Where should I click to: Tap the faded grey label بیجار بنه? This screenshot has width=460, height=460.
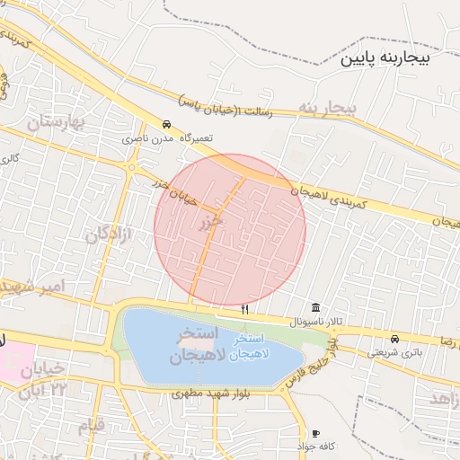tap(329, 109)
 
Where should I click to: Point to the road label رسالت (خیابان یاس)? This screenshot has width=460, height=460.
tap(237, 107)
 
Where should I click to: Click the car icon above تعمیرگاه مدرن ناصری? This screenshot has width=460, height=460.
tap(166, 125)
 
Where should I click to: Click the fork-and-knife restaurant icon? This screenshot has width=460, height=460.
tap(244, 309)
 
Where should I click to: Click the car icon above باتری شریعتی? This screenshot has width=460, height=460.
tap(395, 339)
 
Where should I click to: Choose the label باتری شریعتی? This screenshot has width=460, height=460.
tap(393, 352)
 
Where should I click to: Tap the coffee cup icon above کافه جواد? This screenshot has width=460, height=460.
tap(315, 433)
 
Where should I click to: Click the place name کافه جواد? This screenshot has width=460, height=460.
tap(317, 447)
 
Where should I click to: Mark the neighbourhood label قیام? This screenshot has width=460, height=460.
tap(92, 424)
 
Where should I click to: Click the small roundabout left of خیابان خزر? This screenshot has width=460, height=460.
tap(132, 167)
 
